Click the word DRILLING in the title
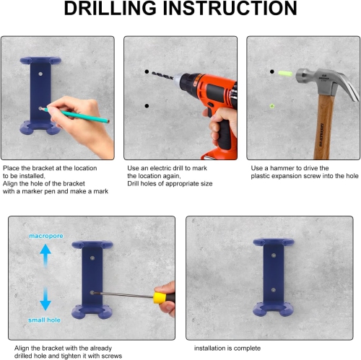tap(110, 9)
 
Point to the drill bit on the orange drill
tap(162, 76)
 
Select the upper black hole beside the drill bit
tap(147, 71)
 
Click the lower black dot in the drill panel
tap(147, 106)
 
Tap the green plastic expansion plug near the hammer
tap(285, 73)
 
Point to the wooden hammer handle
tap(324, 127)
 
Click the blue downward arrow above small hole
tap(45, 298)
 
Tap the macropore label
tap(46, 236)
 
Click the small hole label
tap(44, 320)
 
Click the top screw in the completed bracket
tap(274, 255)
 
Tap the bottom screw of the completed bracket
tap(274, 290)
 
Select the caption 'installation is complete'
tap(227, 348)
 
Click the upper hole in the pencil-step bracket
tap(40, 74)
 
